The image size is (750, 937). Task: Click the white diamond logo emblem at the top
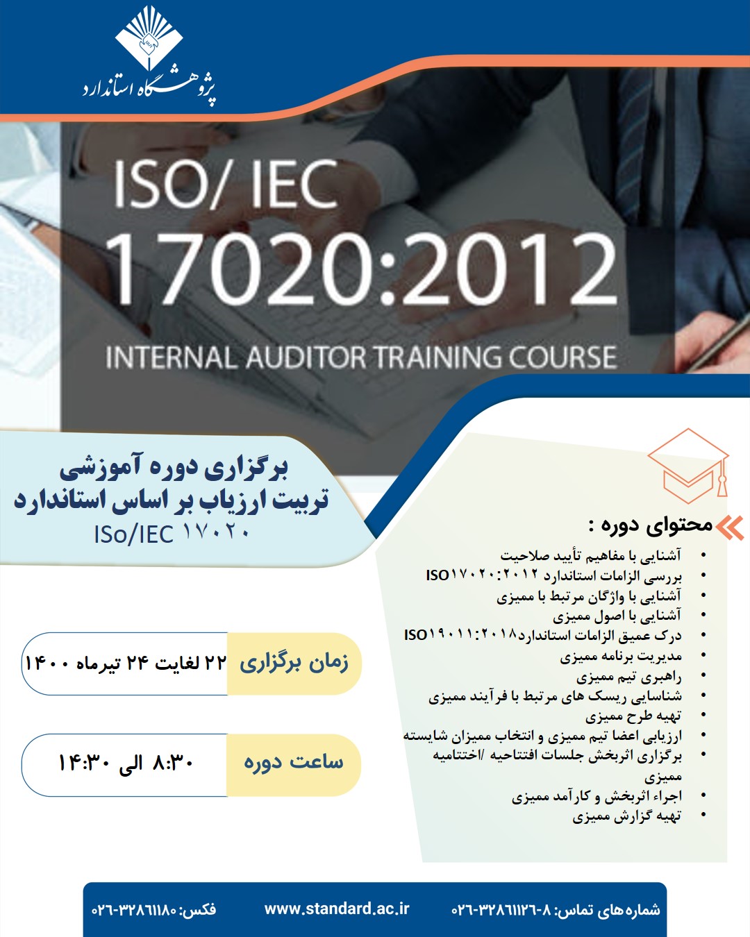(148, 38)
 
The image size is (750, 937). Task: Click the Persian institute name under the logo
(149, 89)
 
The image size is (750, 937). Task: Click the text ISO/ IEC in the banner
(226, 185)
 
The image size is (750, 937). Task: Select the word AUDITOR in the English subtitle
(306, 357)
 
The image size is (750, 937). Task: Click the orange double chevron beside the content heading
(730, 527)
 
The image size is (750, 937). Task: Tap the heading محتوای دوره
(650, 525)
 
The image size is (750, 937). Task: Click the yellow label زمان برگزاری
(294, 663)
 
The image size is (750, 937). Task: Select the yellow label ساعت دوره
(294, 763)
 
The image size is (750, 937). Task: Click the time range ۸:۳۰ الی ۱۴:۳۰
(126, 763)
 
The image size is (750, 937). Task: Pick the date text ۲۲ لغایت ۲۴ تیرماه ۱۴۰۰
(126, 664)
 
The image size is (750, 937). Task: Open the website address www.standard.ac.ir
(337, 909)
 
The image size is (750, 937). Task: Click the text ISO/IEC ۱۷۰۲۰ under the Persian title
(172, 534)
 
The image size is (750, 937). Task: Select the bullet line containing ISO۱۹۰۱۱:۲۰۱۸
(542, 635)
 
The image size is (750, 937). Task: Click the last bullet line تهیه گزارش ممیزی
(626, 816)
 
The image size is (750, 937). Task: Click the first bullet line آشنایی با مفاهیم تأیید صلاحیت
(590, 555)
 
